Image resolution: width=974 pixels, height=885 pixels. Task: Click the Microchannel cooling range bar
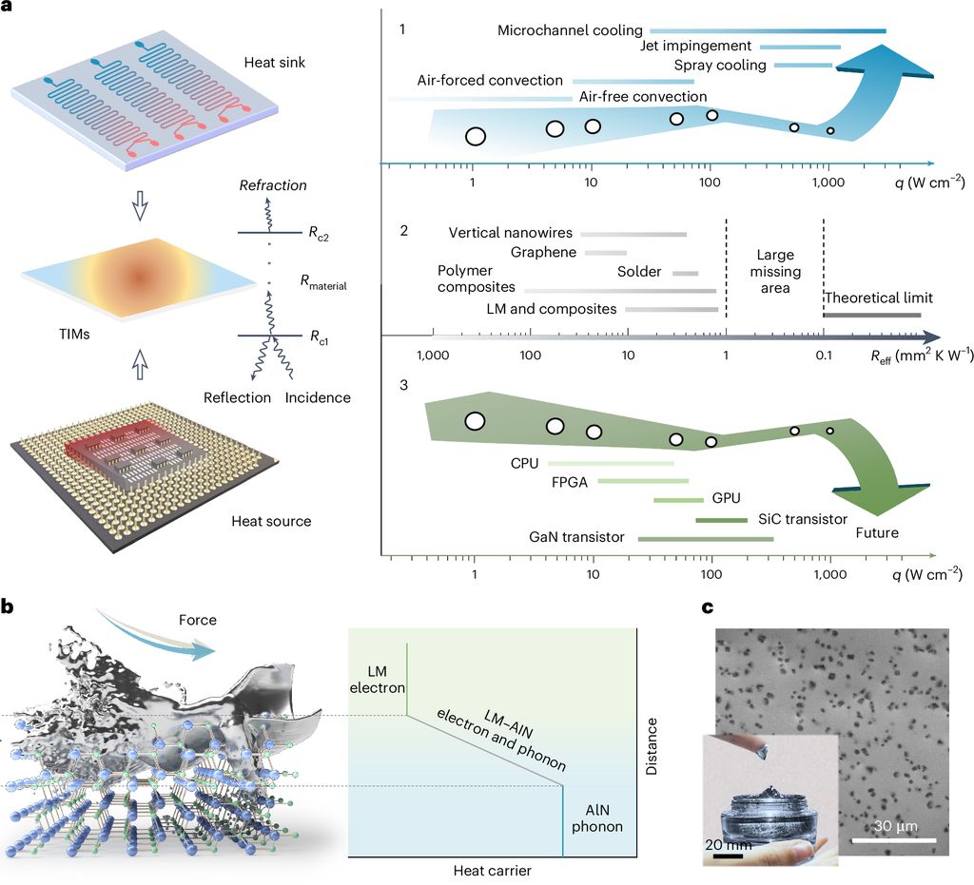[x=768, y=30]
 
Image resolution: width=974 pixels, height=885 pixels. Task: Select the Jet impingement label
[x=695, y=46]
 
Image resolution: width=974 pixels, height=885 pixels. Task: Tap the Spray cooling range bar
[x=803, y=66]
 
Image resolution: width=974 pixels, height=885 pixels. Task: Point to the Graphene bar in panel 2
[x=606, y=253]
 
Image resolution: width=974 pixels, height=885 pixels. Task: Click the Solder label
[x=639, y=272]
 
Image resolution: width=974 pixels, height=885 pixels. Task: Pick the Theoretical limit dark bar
[x=872, y=316]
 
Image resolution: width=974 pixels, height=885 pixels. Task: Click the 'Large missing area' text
[x=775, y=271]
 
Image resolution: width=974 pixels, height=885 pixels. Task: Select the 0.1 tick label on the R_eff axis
[x=824, y=356]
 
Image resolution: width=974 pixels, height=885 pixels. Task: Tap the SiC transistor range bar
[x=721, y=520]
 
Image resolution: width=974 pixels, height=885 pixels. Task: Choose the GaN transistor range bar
[x=706, y=539]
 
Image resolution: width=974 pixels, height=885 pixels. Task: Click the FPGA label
[x=570, y=482]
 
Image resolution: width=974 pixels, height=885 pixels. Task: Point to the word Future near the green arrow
[x=877, y=532]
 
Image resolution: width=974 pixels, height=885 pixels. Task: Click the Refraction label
[x=273, y=185]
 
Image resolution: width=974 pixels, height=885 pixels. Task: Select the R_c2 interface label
[x=319, y=233]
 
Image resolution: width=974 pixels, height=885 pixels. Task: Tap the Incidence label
[x=318, y=397]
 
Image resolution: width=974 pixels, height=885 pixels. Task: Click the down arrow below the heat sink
[x=141, y=205]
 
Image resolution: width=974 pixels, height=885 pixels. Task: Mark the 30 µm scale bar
[x=894, y=840]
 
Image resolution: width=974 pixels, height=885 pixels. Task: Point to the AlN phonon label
[x=597, y=818]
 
